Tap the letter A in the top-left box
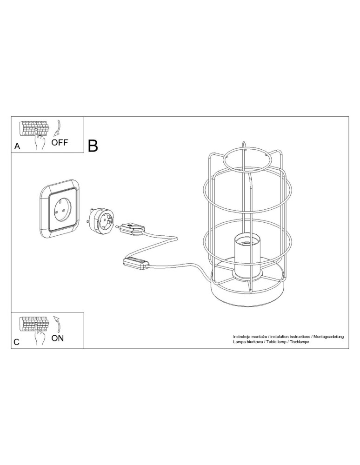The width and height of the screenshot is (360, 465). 18,146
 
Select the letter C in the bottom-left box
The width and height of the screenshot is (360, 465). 17,342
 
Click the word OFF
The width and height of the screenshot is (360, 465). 60,142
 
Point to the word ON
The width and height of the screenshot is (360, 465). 58,338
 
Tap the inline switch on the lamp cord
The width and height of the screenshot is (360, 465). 135,263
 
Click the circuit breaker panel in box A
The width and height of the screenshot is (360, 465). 33,128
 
